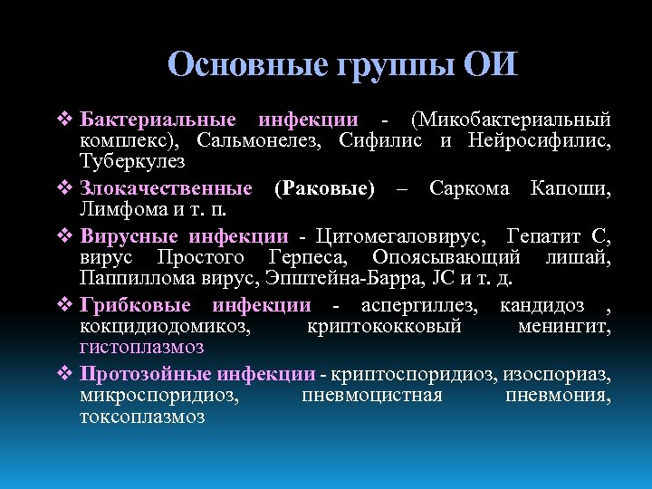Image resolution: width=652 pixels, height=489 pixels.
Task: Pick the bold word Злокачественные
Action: click(x=166, y=188)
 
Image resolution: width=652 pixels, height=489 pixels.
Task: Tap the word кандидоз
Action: click(x=542, y=306)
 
